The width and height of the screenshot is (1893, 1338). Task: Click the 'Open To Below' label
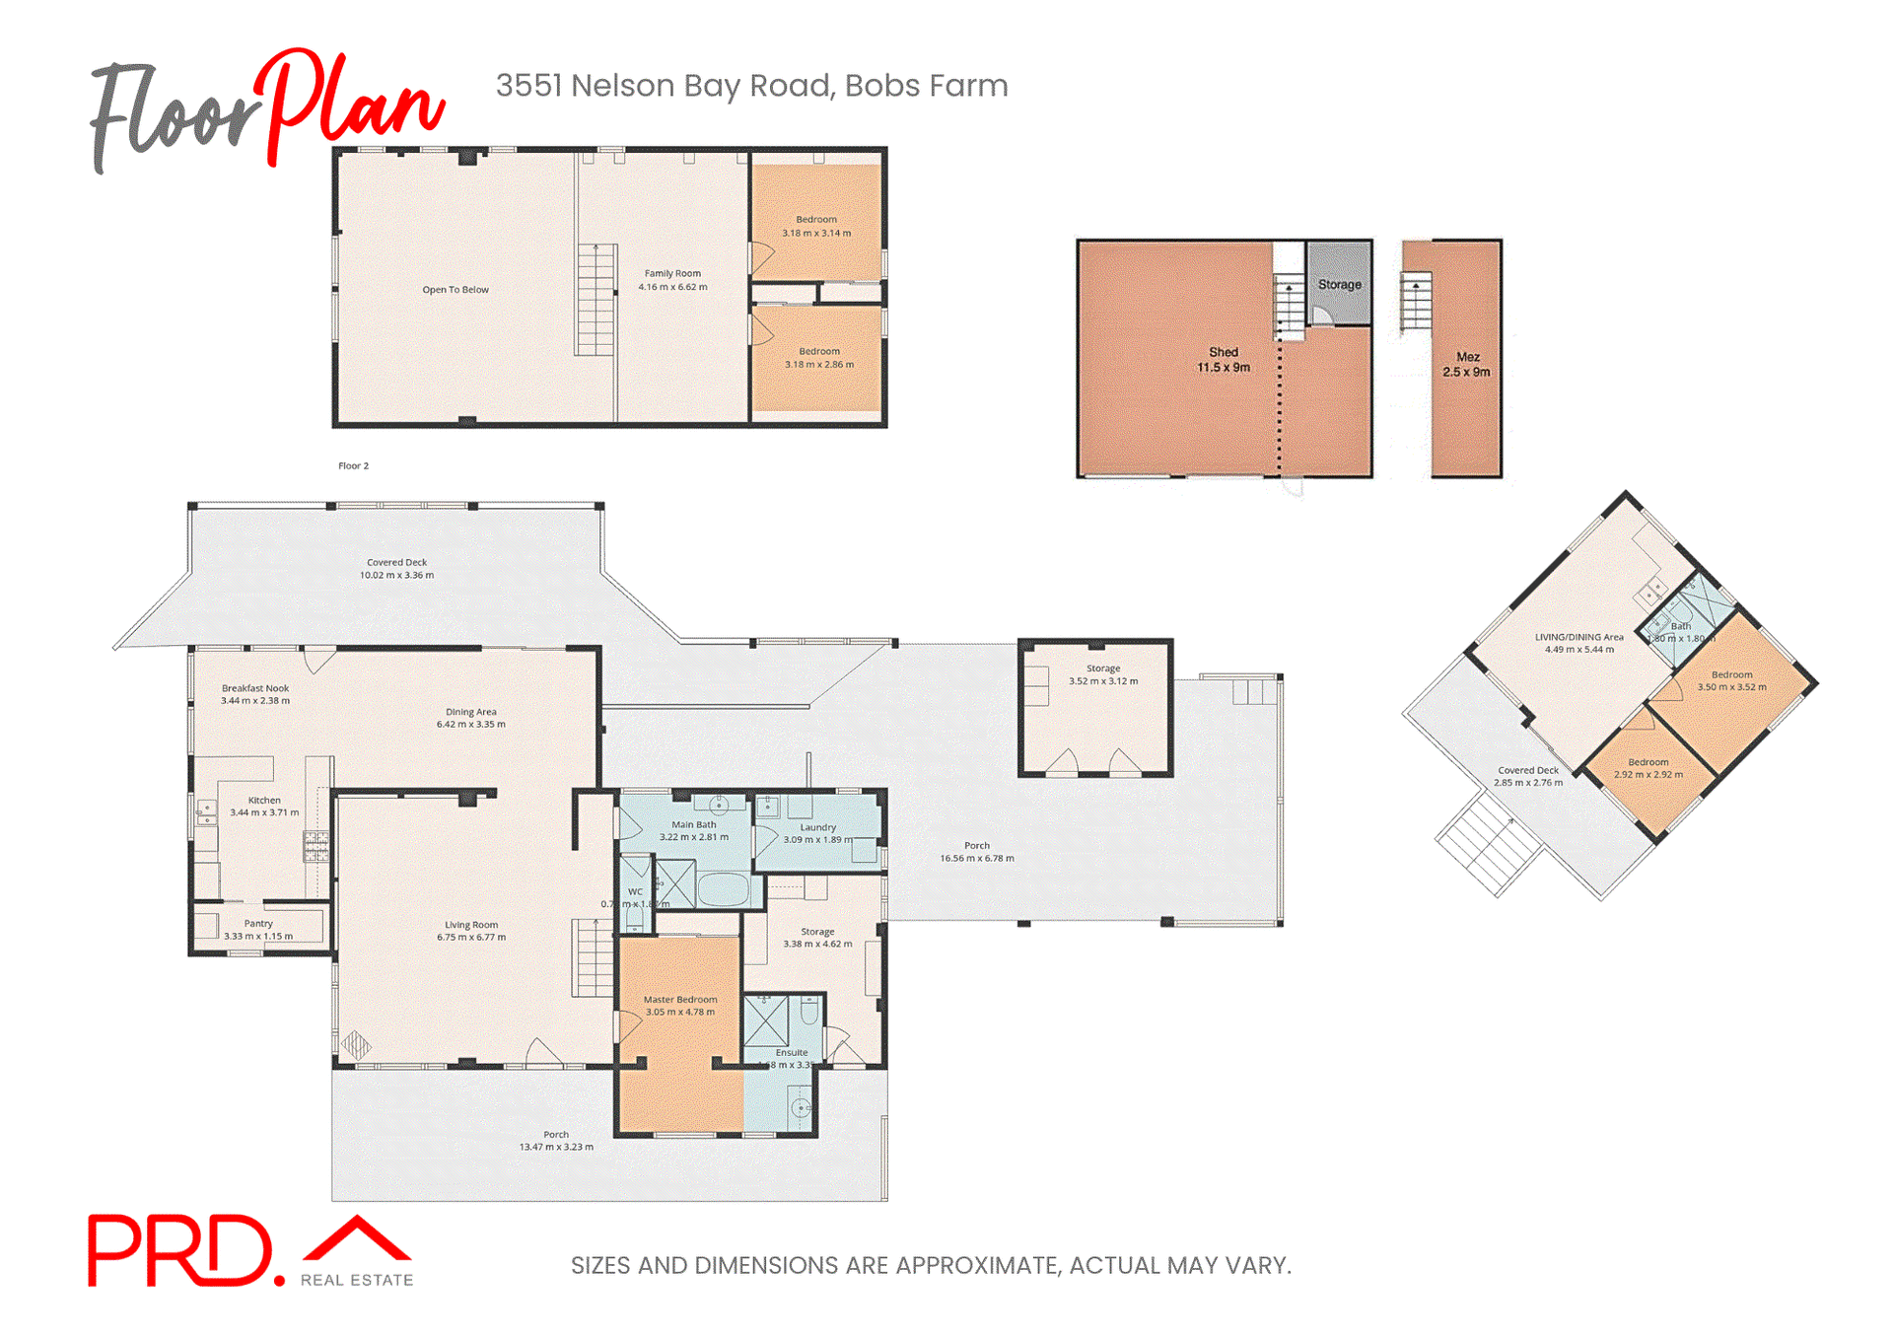pos(455,290)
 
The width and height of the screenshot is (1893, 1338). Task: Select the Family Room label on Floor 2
pos(672,280)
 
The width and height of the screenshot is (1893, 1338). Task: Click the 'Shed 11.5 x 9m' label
pos(1224,360)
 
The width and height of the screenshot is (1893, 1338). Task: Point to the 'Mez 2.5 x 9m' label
pos(1466,365)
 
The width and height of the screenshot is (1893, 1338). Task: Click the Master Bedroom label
pos(680,1006)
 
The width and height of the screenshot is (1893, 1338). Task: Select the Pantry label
pos(258,930)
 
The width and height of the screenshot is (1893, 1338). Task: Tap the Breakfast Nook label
pos(255,694)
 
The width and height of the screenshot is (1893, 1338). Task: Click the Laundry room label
pos(817,833)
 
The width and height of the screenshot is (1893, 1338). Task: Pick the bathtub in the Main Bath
pos(724,889)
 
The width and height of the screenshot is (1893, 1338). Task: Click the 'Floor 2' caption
pos(353,466)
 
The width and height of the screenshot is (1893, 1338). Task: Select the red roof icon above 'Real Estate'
pos(357,1239)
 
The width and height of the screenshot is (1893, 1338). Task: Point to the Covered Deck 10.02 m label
pos(396,569)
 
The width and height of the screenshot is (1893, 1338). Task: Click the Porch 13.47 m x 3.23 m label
pos(556,1141)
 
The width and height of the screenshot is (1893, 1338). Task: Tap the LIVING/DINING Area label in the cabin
pos(1578,643)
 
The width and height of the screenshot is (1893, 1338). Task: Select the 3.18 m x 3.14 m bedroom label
pos(816,227)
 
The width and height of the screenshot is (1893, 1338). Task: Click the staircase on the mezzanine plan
pos(1416,302)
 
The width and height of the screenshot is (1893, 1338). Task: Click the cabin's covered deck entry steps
pos(1488,845)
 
